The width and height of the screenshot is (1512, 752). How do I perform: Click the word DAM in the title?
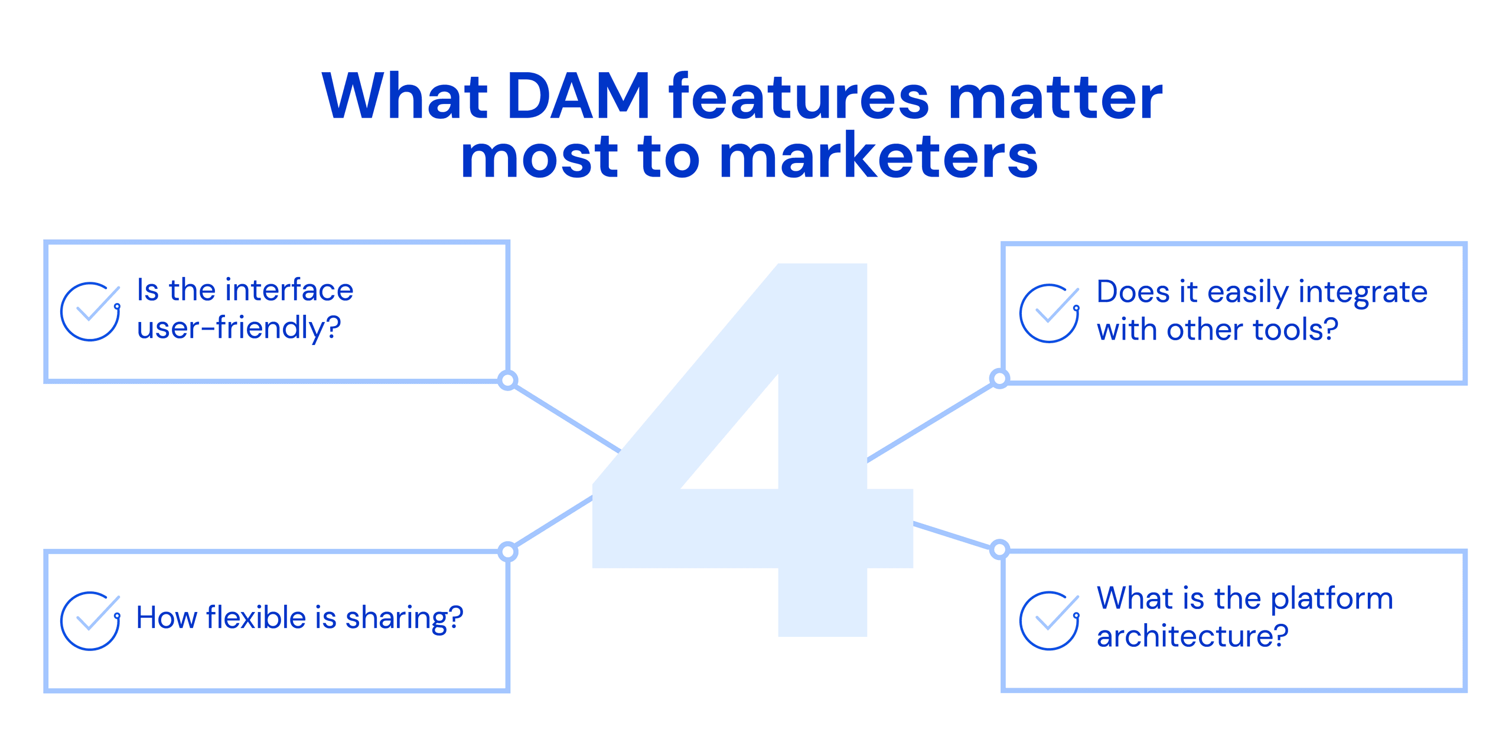578,96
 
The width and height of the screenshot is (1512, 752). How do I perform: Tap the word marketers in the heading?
879,155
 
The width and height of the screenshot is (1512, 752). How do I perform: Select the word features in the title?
799,96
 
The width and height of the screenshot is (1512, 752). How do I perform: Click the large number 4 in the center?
752,450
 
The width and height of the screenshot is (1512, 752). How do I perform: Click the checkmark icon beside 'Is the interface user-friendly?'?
90,311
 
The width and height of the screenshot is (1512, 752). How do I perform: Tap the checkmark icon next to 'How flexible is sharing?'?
90,621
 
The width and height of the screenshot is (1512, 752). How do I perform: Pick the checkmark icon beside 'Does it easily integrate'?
1050,313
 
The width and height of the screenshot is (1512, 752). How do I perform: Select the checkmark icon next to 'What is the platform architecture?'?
1050,620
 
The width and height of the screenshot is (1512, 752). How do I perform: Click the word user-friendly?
239,328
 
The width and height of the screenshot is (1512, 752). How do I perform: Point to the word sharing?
404,618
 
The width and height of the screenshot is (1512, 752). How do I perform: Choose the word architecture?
1192,636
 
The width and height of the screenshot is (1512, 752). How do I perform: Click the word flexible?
256,617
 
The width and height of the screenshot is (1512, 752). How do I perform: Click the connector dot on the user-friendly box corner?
508,380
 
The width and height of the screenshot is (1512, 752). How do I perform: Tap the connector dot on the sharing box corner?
508,552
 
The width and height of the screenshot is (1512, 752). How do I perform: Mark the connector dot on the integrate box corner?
999,378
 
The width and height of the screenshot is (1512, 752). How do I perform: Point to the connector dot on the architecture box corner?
999,549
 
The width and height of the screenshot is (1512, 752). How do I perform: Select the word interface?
289,290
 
